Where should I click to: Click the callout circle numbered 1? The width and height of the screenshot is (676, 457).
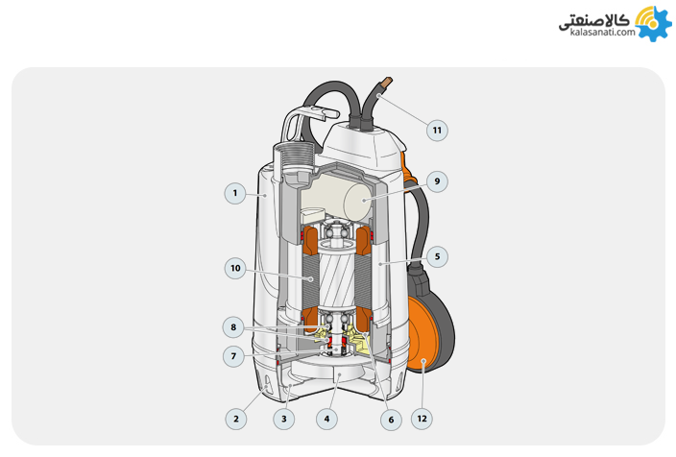click(x=235, y=193)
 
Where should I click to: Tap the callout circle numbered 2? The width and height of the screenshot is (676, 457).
click(x=236, y=419)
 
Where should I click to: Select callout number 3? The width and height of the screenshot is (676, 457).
click(x=283, y=419)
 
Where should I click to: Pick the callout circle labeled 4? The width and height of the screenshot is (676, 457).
click(x=326, y=419)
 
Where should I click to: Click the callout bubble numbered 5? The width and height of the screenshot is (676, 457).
click(x=437, y=256)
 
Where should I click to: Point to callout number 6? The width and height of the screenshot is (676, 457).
click(x=391, y=420)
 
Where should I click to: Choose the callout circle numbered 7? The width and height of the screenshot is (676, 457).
click(x=233, y=356)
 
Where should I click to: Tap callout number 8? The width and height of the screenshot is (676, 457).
click(x=233, y=327)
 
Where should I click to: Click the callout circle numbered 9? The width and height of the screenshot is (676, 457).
click(x=437, y=181)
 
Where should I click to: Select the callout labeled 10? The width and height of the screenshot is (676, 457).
click(x=235, y=268)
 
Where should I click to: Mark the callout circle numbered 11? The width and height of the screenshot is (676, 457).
click(x=437, y=131)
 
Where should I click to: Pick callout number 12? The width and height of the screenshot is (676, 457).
click(x=422, y=419)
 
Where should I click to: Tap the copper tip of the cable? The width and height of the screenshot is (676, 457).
click(x=387, y=82)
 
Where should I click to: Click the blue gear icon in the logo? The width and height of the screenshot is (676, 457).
click(x=654, y=24)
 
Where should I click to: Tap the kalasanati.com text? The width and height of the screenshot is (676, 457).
click(x=603, y=32)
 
